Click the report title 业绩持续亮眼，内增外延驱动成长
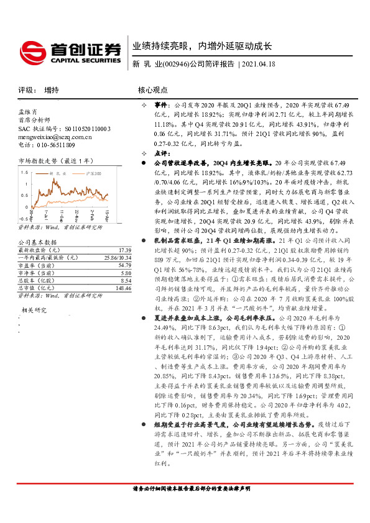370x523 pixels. [202, 47]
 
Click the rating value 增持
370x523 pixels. [52, 90]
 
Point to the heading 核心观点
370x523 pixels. [152, 90]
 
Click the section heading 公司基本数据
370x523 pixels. [37, 242]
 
